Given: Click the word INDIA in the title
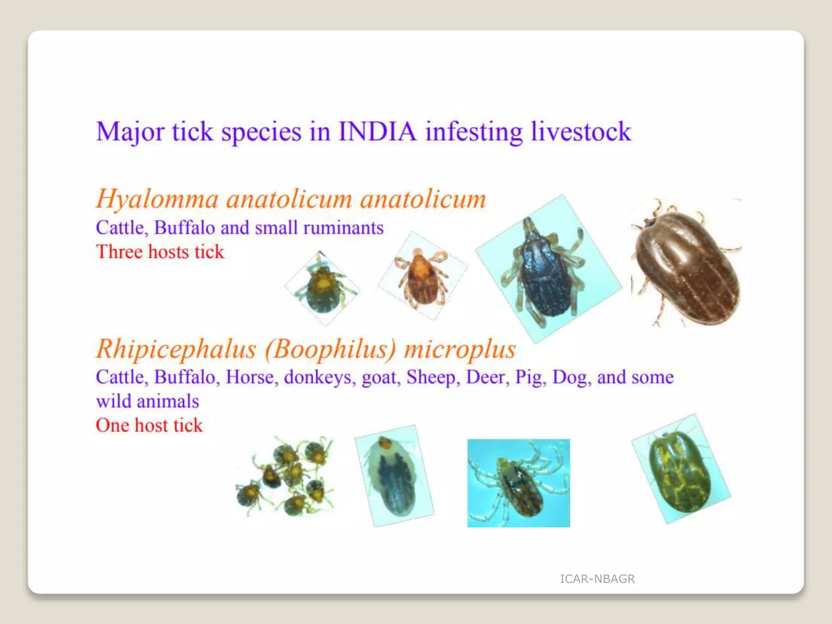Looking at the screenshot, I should pos(377,132).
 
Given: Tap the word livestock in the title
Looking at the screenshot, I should pos(581,132).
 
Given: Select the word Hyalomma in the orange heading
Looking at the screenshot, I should pos(157,199).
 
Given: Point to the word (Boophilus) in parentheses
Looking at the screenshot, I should pos(330,349).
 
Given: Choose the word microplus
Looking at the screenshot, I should pos(460,349).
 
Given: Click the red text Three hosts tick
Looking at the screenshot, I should pos(160,252).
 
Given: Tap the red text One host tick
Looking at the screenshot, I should pos(149,425).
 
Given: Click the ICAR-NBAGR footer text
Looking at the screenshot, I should pos(597,579).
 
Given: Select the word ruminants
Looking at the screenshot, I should pos(343,228).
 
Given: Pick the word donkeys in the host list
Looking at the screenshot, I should pos(318,377).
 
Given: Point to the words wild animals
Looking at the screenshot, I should pos(147,401).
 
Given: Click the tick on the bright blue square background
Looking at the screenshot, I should pos(518,483).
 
